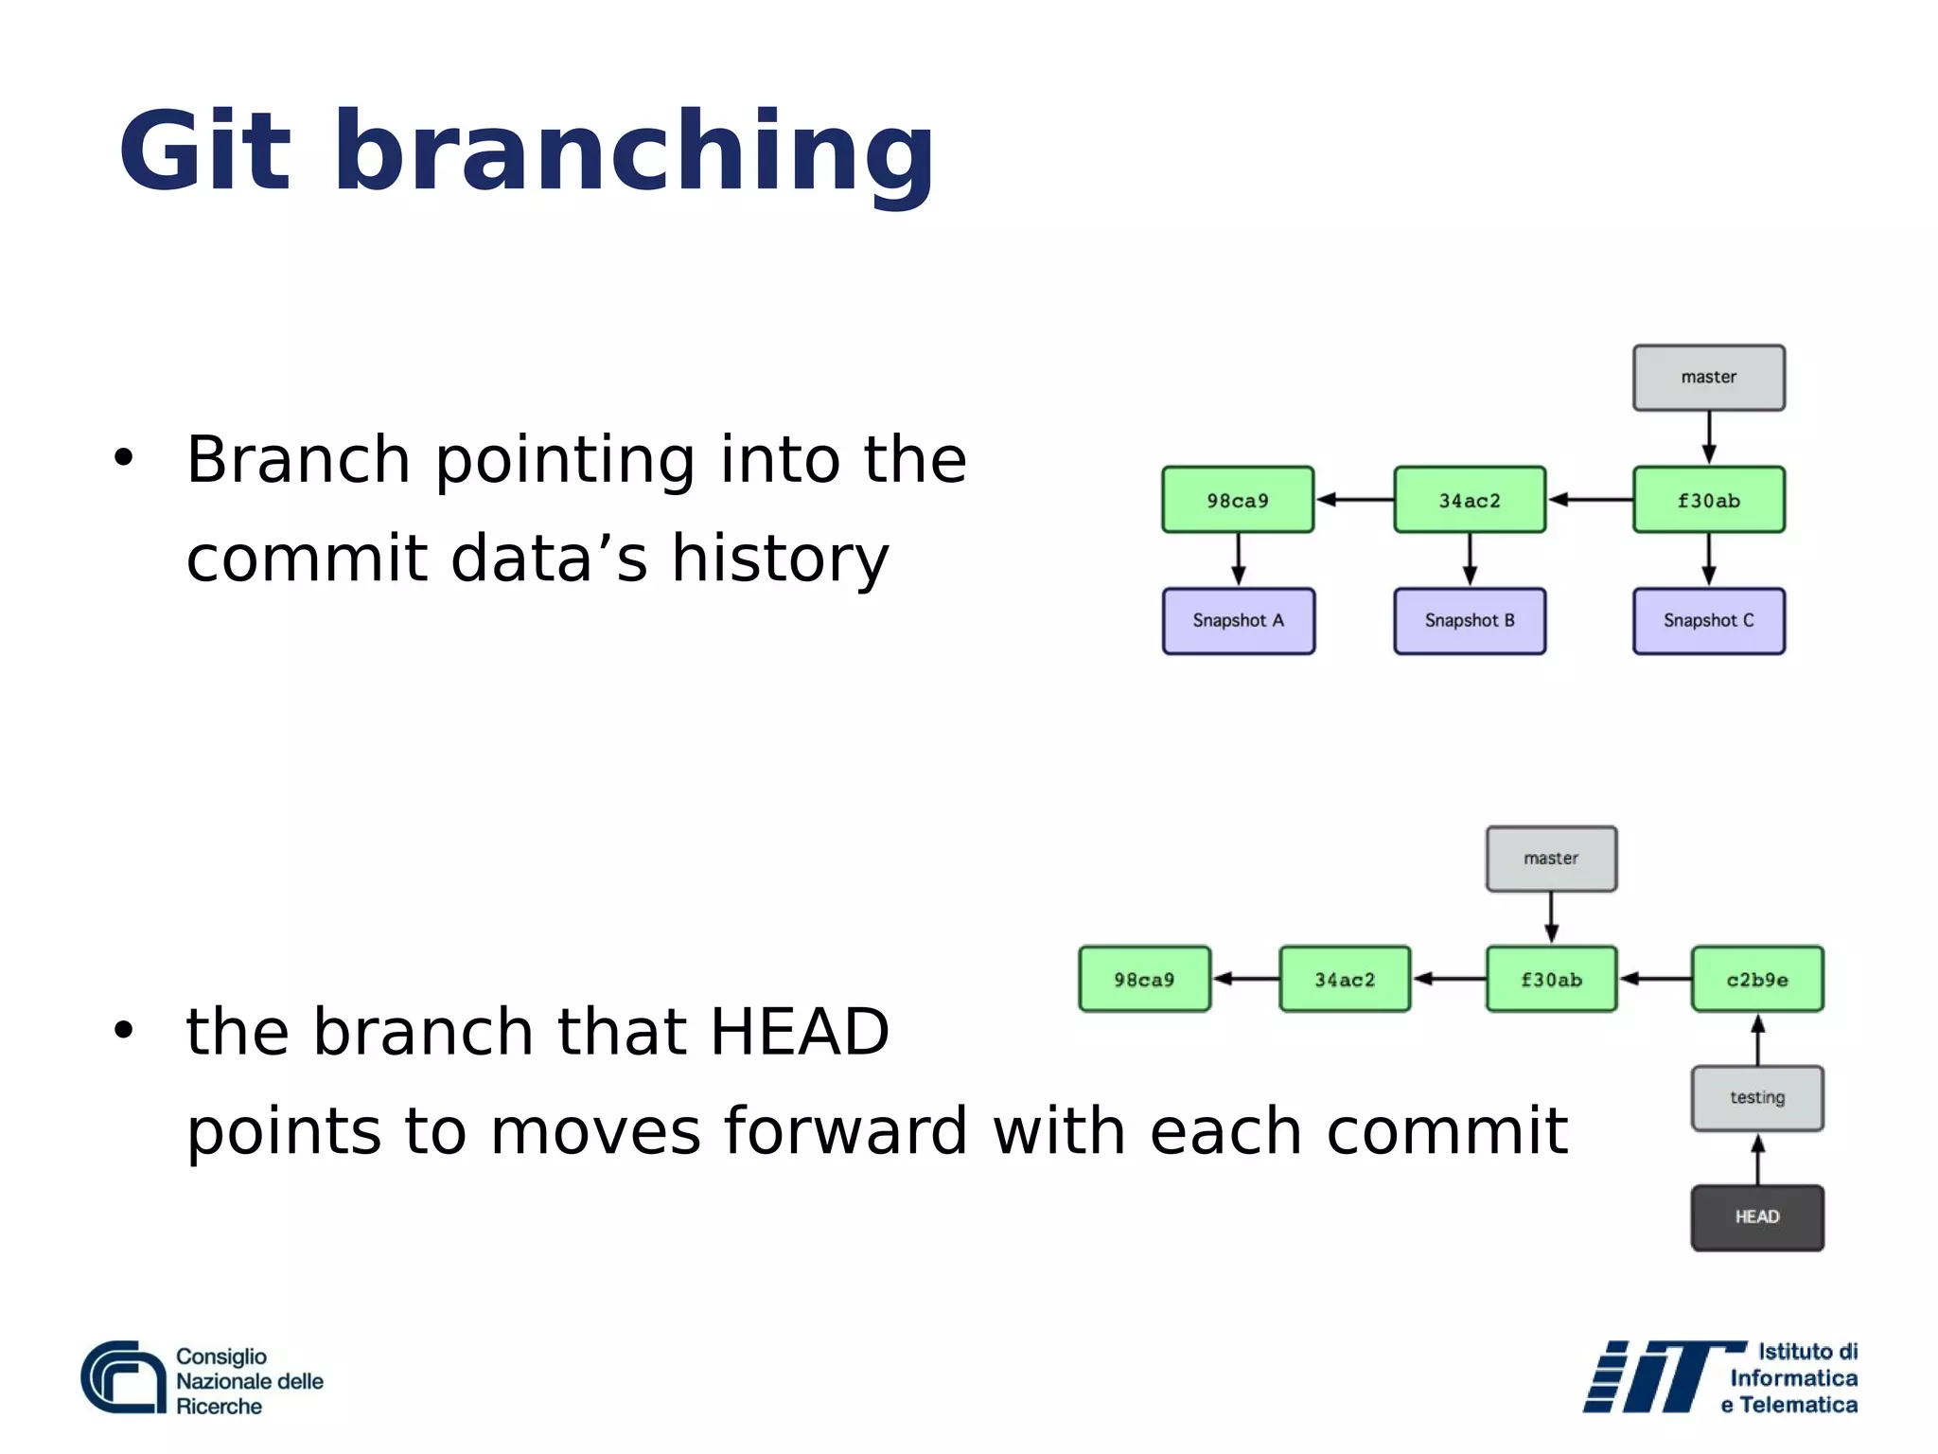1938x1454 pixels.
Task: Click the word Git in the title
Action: coord(203,151)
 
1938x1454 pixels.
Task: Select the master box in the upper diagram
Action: coord(1708,378)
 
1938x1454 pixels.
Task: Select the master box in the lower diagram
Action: coord(1551,859)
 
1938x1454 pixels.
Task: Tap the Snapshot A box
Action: coord(1238,621)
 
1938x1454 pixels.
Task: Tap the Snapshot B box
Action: coord(1470,621)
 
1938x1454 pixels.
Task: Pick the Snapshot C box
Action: coord(1708,621)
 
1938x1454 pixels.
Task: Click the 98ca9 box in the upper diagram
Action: coord(1238,500)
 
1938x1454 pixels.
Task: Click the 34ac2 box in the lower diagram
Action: coord(1344,979)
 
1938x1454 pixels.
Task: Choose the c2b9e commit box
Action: coord(1757,979)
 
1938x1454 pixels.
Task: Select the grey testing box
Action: coord(1757,1098)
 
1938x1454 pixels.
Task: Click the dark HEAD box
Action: coord(1757,1217)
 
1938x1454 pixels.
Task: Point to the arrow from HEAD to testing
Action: coord(1757,1160)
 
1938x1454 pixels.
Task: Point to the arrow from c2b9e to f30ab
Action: coord(1655,979)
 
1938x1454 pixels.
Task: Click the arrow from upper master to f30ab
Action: coord(1708,437)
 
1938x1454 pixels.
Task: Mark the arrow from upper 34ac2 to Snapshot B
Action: coord(1470,559)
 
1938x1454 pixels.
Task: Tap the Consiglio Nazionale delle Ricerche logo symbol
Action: coord(123,1377)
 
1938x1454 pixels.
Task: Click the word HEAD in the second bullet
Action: coord(800,1032)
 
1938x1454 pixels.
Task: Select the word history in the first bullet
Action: coord(780,559)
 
